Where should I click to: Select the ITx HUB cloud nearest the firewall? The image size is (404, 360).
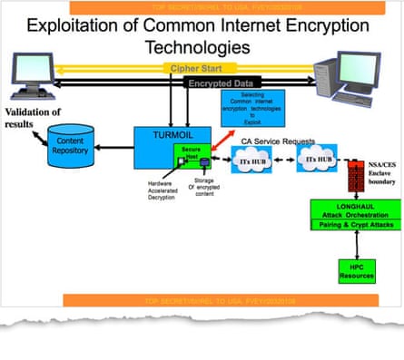point(295,161)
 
